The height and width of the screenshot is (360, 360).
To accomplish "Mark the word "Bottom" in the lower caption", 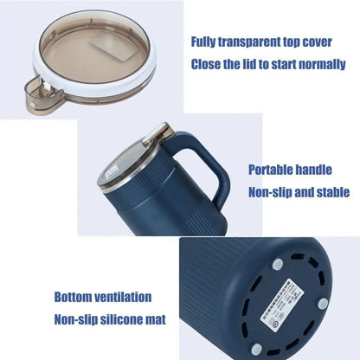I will click(x=75, y=297).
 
